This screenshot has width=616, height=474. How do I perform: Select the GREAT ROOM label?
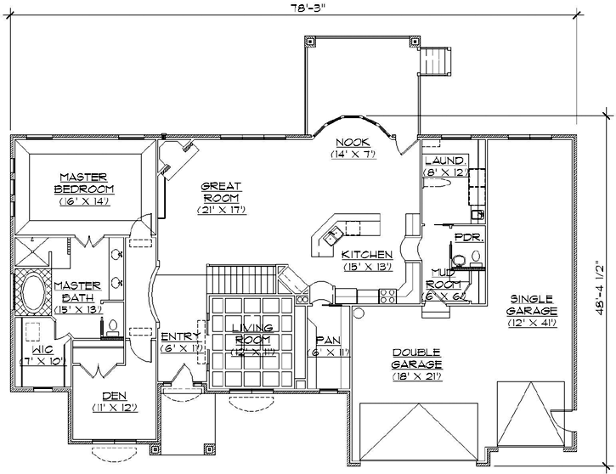221,191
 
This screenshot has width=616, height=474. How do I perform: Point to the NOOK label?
350,143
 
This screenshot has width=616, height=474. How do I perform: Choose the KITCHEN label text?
367,254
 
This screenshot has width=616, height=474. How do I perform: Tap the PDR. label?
468,239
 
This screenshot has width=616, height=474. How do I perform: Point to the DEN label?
113,395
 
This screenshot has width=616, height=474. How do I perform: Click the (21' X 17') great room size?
221,209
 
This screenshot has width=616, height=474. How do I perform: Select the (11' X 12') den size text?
113,409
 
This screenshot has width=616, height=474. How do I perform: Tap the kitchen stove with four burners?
388,296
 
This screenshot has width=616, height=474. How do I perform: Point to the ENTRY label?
180,336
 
